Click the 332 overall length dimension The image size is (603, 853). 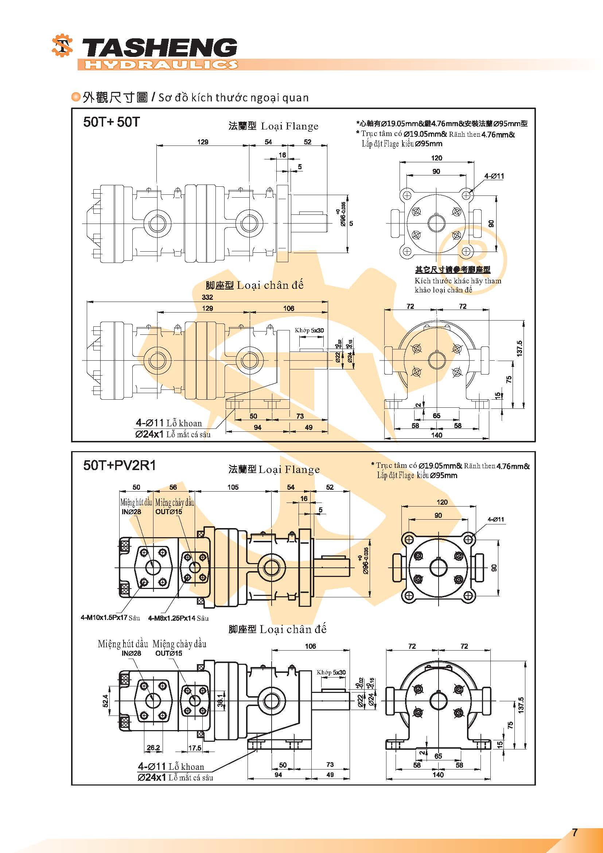coord(207,297)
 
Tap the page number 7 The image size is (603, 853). coord(575,832)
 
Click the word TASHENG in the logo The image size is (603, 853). coord(159,48)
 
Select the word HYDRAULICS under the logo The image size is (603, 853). coord(161,65)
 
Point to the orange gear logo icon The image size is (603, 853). coord(62,46)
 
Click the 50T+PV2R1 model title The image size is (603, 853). coord(120,465)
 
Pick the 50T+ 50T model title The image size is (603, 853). coord(112,122)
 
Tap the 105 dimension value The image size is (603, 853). coord(233,487)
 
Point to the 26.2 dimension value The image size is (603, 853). coord(153,748)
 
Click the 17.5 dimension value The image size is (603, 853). coord(195,748)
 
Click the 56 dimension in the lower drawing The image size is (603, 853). coord(173,487)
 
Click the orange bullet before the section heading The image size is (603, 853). coord(76,97)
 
